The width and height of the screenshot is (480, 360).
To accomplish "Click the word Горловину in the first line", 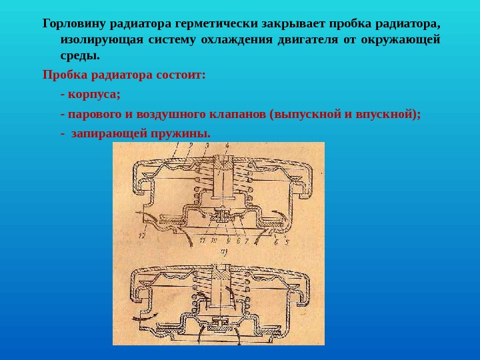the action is [x=72, y=23].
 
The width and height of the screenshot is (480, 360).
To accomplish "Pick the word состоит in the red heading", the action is [x=183, y=74].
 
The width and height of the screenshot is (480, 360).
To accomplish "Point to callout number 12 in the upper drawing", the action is [x=142, y=235].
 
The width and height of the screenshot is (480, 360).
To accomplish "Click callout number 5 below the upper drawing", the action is [x=286, y=242].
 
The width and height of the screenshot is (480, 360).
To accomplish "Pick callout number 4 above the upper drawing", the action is [x=227, y=146].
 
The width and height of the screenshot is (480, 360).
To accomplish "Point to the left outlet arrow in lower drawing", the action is [x=154, y=315].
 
